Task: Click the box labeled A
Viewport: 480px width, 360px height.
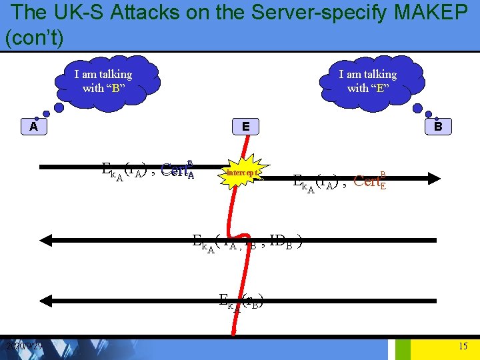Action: (33, 126)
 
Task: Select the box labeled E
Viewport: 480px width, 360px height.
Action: (246, 126)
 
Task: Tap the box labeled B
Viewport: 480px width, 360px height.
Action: (438, 126)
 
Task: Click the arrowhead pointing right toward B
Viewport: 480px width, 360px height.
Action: (435, 177)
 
